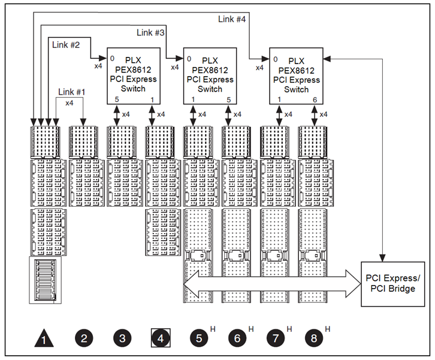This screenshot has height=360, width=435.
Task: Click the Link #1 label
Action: tap(72, 92)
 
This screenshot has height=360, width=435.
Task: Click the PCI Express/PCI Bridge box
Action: tap(393, 283)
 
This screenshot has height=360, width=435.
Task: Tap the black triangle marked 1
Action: tap(44, 339)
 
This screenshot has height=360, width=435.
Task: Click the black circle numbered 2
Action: tap(84, 338)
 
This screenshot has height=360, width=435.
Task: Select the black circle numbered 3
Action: tap(122, 338)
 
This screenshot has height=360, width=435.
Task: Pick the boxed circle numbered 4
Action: tap(161, 338)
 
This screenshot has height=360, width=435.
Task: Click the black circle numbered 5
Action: tap(199, 338)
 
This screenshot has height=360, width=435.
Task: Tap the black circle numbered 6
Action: tap(237, 338)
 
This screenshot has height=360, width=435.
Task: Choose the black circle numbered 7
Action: tap(276, 338)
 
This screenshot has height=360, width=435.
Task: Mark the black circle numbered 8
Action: tap(314, 338)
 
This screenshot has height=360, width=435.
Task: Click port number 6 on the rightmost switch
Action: tap(315, 99)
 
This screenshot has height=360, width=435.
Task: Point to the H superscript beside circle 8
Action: tap(327, 329)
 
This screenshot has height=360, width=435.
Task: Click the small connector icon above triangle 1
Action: tap(44, 280)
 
